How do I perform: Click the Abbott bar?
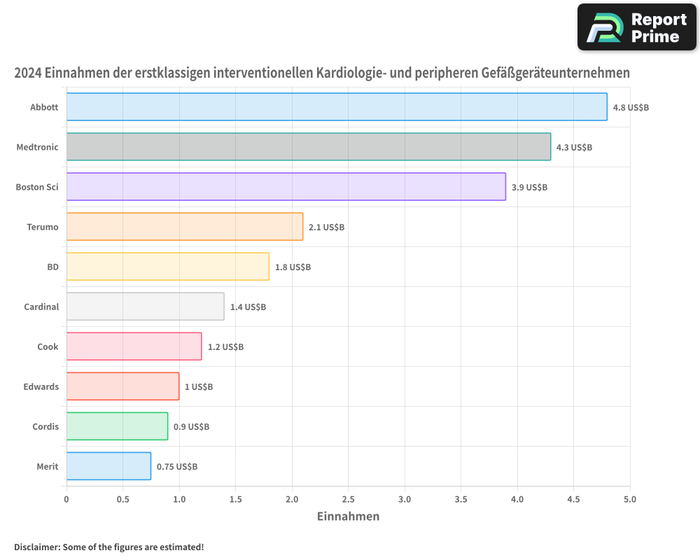click(336, 107)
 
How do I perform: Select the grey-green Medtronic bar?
click(308, 147)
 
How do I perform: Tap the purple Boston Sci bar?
click(286, 187)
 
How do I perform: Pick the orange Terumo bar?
click(185, 227)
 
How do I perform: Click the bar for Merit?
click(108, 466)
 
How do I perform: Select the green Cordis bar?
click(117, 426)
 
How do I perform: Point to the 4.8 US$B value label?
click(631, 108)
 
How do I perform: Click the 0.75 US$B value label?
click(177, 467)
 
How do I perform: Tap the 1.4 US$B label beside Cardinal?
click(248, 307)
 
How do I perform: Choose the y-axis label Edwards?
click(41, 387)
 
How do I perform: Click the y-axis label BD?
click(52, 267)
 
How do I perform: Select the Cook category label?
click(48, 347)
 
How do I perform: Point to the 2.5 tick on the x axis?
click(348, 500)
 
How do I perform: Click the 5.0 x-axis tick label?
click(630, 500)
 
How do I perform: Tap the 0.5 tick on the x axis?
click(122, 500)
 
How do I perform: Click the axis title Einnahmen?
click(348, 517)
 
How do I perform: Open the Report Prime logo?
click(636, 27)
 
